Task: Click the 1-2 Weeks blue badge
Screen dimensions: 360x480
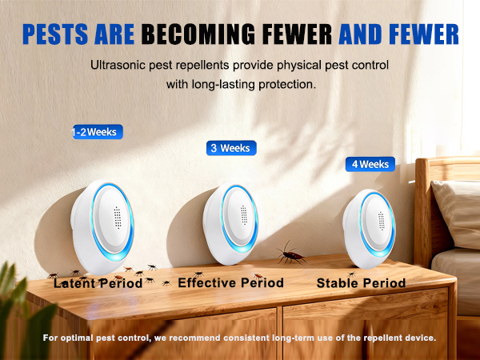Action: [x=96, y=132]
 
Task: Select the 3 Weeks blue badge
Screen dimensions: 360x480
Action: [x=230, y=148]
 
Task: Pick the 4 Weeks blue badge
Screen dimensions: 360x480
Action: [x=370, y=164]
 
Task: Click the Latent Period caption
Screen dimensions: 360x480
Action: [x=98, y=283]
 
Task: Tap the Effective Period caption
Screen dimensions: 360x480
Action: [x=230, y=283]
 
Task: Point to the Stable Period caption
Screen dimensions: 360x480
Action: [x=361, y=283]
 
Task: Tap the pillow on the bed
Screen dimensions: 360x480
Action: [x=458, y=212]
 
